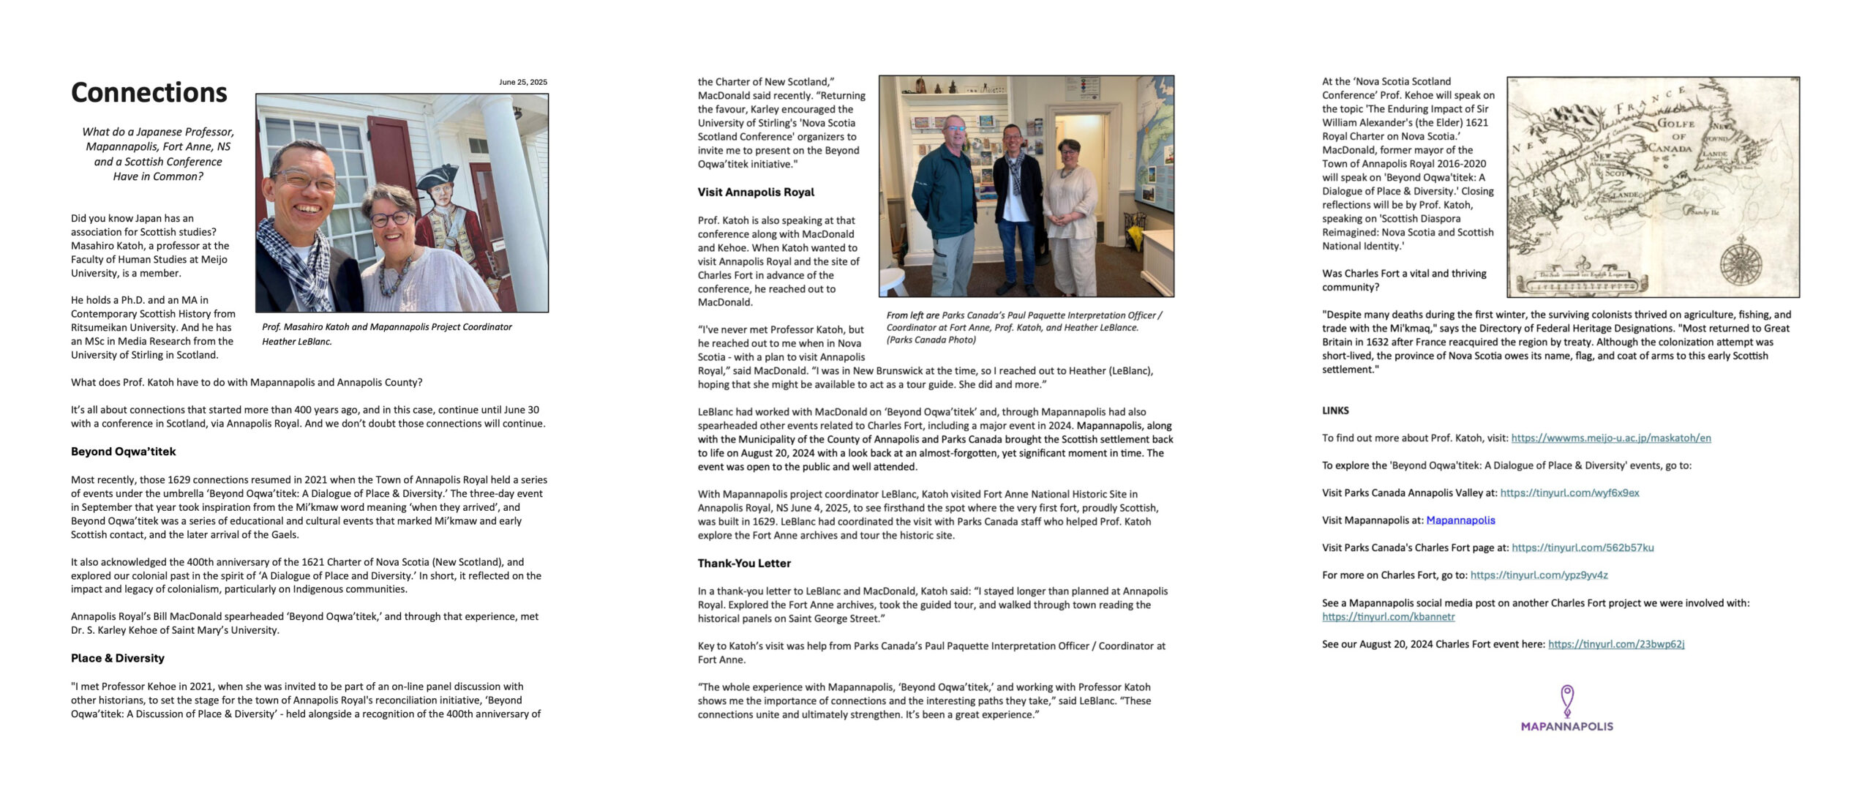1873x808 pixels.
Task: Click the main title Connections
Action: (149, 93)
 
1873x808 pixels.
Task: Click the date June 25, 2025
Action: (522, 82)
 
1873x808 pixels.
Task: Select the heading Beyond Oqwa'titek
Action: (123, 452)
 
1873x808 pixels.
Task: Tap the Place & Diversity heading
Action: (117, 658)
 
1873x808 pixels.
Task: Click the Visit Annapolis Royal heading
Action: (755, 192)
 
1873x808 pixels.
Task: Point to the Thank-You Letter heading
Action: (743, 563)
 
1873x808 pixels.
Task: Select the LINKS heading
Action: (1335, 411)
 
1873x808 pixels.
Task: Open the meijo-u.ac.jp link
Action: (1610, 438)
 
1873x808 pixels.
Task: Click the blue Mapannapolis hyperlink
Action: (1460, 520)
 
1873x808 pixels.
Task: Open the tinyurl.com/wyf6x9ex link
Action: (1569, 493)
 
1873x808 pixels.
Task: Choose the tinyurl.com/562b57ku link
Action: (1582, 547)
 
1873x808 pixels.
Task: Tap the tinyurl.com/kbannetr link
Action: (1388, 616)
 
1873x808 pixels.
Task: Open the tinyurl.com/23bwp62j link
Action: (1615, 644)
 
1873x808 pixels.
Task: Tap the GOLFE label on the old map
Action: (1675, 124)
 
